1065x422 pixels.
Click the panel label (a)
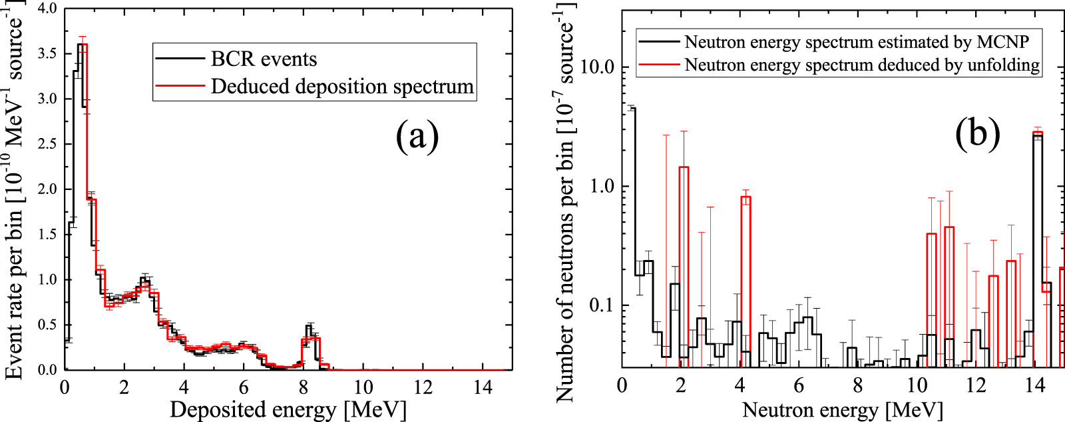417,137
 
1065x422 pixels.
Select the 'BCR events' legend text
264,59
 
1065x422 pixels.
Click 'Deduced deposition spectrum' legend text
342,87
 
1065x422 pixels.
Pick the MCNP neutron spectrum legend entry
857,42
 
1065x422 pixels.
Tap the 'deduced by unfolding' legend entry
862,65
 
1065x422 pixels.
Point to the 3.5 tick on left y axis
43,53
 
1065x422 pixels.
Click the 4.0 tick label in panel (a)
43,9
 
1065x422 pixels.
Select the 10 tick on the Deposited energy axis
363,387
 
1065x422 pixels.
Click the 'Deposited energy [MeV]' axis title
288,409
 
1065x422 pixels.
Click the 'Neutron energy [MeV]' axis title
842,409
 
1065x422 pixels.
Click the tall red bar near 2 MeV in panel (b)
684,167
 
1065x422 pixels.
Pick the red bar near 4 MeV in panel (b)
745,197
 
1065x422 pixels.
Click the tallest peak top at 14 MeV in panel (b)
1037,133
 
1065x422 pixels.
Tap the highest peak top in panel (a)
82,45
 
